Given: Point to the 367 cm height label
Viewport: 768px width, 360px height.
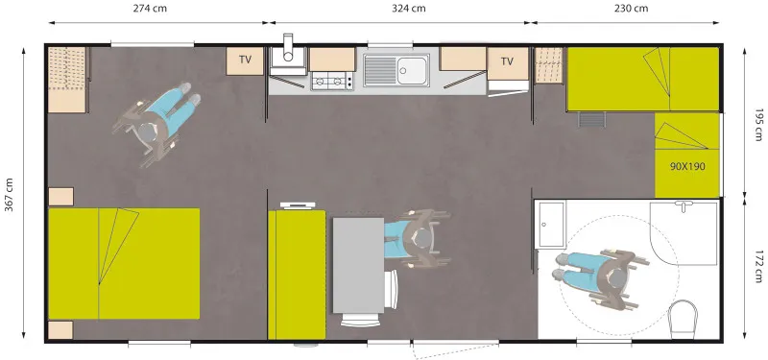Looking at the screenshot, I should (x=10, y=198).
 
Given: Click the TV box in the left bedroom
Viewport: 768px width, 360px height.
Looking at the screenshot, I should (x=246, y=60).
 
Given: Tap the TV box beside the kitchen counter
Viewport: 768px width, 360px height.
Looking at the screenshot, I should (x=507, y=61).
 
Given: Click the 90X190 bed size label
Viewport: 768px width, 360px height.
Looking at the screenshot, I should (x=687, y=166).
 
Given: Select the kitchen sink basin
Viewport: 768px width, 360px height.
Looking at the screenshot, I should (x=414, y=69).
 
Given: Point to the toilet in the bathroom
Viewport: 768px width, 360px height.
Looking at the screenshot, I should (x=684, y=316).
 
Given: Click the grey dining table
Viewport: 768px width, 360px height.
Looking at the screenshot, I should (x=358, y=264).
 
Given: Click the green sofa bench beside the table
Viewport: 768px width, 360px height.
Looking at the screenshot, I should (x=298, y=274).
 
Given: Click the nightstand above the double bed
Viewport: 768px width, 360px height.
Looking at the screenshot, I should (x=60, y=197).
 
